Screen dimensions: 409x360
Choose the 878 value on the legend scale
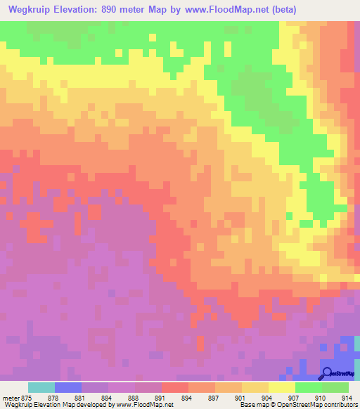pyautogui.click(x=53, y=398)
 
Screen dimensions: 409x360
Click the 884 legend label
pyautogui.click(x=107, y=398)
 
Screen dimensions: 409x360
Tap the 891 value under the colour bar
pyautogui.click(x=161, y=398)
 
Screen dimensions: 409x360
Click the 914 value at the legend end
pyautogui.click(x=346, y=398)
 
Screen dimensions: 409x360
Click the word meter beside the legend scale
pyautogui.click(x=9, y=398)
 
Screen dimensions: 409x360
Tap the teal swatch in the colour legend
pyautogui.click(x=41, y=387)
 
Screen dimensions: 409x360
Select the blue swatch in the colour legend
pyautogui.click(x=67, y=387)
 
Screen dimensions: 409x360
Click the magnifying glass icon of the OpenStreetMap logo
pyautogui.click(x=327, y=372)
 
